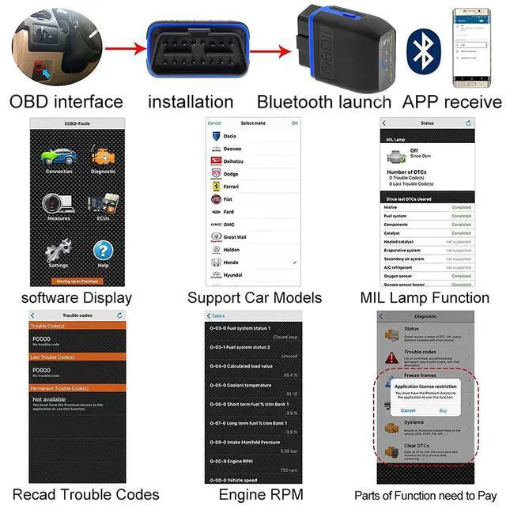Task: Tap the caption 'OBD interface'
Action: point(66,101)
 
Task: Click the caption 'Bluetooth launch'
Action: point(323,102)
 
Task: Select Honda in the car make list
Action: point(232,262)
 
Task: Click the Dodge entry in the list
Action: point(231,173)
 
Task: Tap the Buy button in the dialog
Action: point(443,410)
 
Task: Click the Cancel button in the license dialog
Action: point(409,410)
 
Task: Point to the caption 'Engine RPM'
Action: point(253,496)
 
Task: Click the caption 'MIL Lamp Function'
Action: point(425,298)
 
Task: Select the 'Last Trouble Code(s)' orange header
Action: point(77,357)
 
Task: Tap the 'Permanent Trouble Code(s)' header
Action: point(77,388)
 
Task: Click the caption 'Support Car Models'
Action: point(255,298)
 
